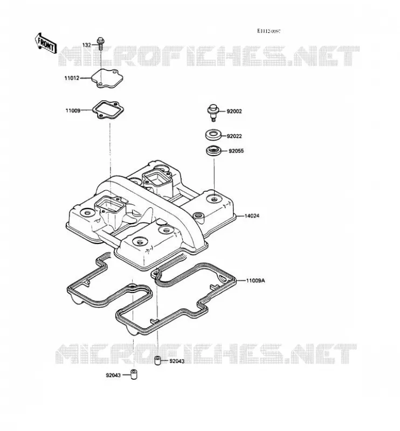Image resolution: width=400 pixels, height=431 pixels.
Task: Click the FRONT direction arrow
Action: pyautogui.click(x=46, y=44)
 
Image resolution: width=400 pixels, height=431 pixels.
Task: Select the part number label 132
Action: pyautogui.click(x=87, y=45)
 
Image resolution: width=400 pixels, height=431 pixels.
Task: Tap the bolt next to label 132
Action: pyautogui.click(x=101, y=43)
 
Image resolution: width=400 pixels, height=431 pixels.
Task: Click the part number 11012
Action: pyautogui.click(x=72, y=78)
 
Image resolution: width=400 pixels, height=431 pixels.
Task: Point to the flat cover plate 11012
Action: pyautogui.click(x=107, y=78)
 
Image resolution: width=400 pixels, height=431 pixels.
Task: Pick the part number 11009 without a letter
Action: pyautogui.click(x=73, y=111)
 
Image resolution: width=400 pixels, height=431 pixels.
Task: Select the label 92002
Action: pyautogui.click(x=235, y=112)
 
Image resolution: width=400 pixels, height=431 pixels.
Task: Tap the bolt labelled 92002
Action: pyautogui.click(x=212, y=113)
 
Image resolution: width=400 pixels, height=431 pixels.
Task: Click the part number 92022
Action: pyautogui.click(x=235, y=136)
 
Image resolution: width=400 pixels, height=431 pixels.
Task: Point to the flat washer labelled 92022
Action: pyautogui.click(x=213, y=135)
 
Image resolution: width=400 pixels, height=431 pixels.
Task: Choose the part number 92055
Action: pyautogui.click(x=236, y=151)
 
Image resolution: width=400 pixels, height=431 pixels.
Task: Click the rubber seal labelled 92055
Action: pyautogui.click(x=213, y=151)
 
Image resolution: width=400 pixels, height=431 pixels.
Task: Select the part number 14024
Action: pyautogui.click(x=252, y=216)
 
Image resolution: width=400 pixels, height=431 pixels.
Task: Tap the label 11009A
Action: pyautogui.click(x=256, y=281)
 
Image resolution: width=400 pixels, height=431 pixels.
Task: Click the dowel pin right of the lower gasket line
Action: pyautogui.click(x=157, y=360)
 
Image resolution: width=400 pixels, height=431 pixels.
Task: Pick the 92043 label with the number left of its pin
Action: pyautogui.click(x=113, y=375)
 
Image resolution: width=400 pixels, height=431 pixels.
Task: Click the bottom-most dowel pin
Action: pyautogui.click(x=134, y=374)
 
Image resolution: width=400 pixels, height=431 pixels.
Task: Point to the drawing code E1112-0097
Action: pyautogui.click(x=269, y=31)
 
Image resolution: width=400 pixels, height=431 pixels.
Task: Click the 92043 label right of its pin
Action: pyautogui.click(x=177, y=361)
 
